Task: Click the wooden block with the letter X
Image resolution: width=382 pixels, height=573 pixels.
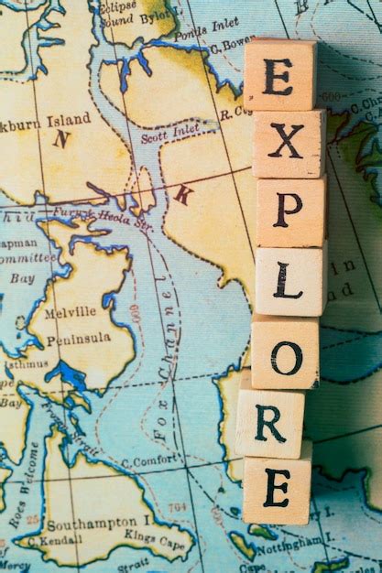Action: point(287,143)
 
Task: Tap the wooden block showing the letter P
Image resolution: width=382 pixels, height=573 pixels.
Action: point(290,211)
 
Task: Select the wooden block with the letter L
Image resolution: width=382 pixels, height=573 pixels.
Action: point(289,280)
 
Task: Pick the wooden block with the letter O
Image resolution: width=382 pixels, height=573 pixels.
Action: point(285,354)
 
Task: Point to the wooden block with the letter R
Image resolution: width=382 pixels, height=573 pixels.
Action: point(269,423)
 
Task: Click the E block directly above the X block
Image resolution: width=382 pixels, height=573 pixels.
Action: point(278,76)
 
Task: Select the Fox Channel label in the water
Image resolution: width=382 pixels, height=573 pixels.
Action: point(163,353)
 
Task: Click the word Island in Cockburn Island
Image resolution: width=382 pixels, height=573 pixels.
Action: point(68,119)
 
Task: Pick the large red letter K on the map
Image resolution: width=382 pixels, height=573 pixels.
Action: point(182,194)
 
